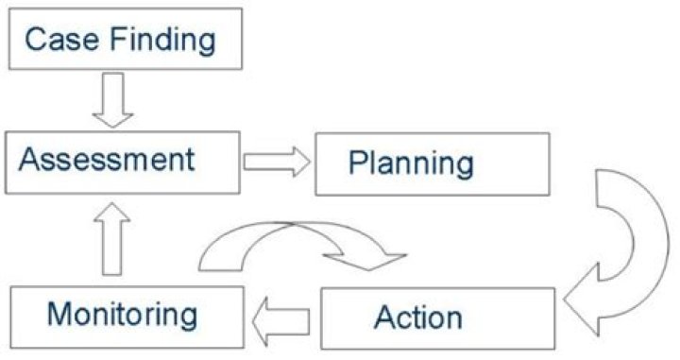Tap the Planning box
tap(432, 163)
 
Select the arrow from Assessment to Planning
tap(277, 162)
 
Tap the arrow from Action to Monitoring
tap(282, 316)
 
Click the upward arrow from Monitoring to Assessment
tap(112, 240)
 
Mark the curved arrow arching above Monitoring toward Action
tap(302, 242)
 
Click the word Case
tap(60, 40)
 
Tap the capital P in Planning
tap(357, 163)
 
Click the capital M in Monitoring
tap(59, 312)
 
